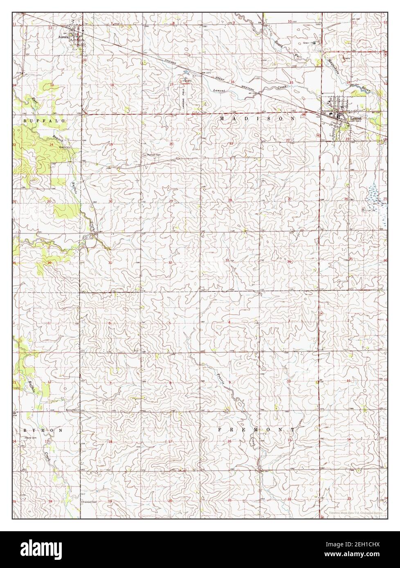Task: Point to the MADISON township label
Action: tap(257, 118)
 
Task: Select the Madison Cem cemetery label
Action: tap(150, 155)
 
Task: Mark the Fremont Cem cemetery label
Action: tap(89, 502)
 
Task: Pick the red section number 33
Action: tap(227, 260)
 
